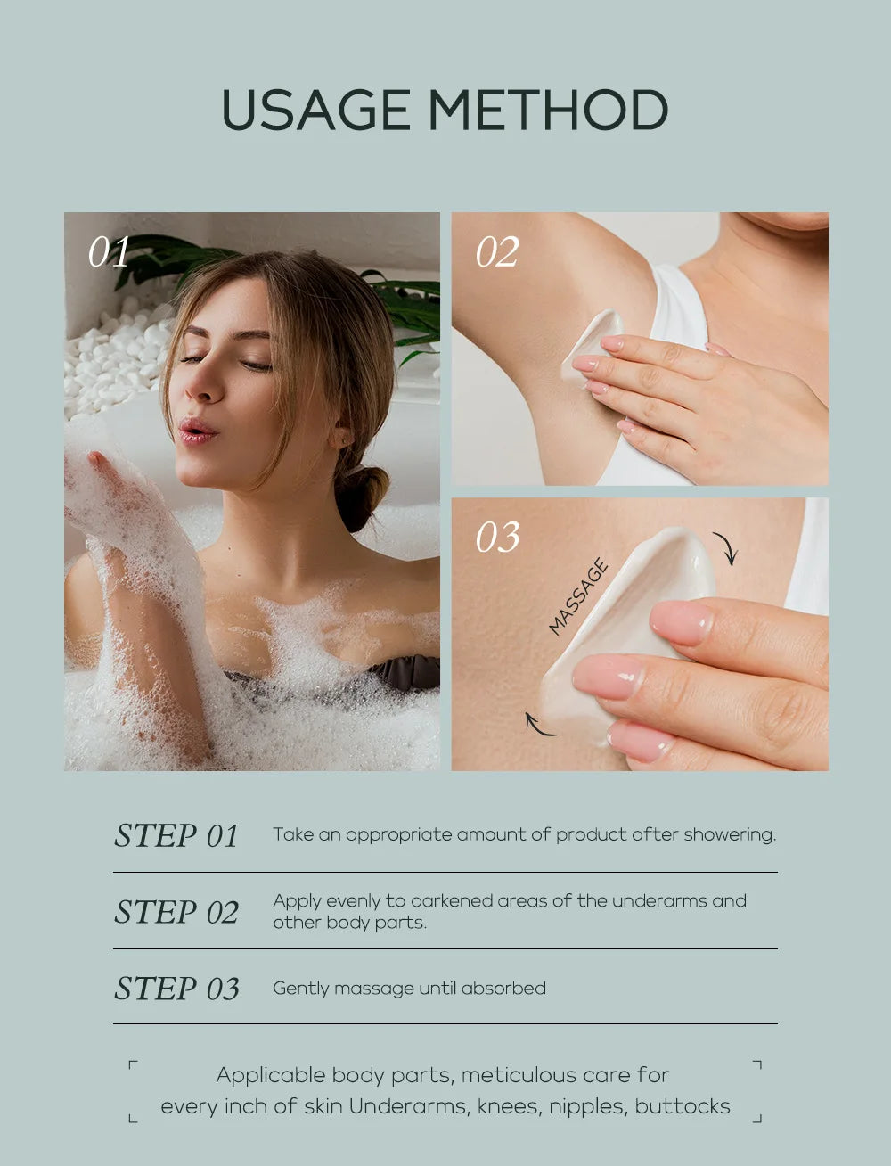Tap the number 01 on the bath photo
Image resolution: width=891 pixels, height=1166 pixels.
tap(109, 252)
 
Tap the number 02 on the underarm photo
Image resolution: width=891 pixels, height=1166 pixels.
tap(496, 252)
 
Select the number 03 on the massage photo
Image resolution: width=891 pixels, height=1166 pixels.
tap(496, 538)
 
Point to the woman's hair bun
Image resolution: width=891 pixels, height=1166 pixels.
tap(360, 496)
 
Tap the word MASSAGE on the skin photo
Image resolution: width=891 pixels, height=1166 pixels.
tap(578, 596)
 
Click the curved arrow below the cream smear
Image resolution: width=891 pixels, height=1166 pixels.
tap(539, 724)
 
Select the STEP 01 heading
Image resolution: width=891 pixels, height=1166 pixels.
tap(176, 836)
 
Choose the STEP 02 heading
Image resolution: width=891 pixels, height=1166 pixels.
tap(176, 912)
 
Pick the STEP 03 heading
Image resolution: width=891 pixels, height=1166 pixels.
tap(176, 989)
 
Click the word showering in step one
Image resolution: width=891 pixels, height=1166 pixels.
tap(730, 835)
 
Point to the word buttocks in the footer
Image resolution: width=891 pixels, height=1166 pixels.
tap(683, 1106)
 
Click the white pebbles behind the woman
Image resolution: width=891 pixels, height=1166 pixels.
tap(116, 357)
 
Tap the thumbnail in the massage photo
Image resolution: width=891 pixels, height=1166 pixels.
tap(681, 621)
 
